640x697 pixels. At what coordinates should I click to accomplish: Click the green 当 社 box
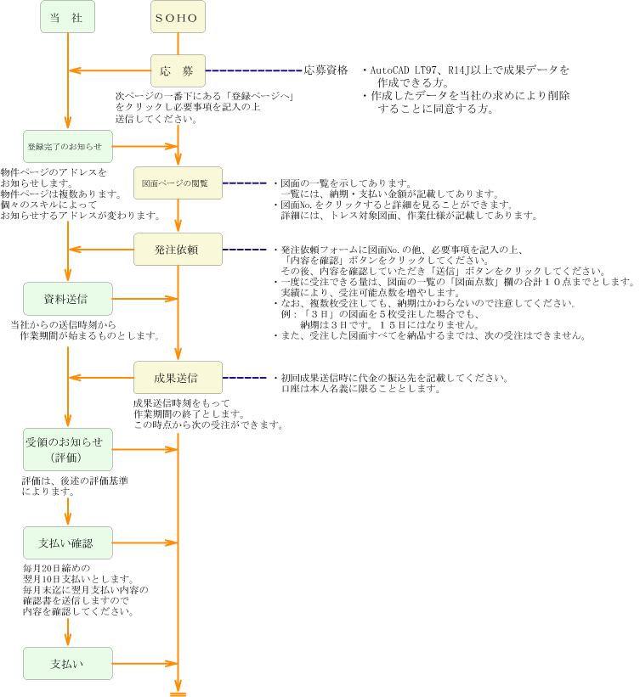(x=67, y=17)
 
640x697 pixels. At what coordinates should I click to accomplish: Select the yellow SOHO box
(x=178, y=17)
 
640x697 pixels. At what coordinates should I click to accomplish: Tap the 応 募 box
(x=178, y=70)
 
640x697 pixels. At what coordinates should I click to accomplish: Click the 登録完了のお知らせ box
(x=68, y=146)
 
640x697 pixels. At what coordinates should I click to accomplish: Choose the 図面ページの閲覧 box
(x=178, y=183)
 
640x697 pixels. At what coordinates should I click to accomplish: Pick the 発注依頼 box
(x=178, y=250)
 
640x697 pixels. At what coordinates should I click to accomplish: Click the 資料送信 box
(x=67, y=299)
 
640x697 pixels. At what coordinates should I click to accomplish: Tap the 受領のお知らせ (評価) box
(x=67, y=449)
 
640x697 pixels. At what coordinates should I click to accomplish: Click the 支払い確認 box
(x=67, y=542)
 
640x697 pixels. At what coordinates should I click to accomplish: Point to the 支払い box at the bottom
(x=67, y=663)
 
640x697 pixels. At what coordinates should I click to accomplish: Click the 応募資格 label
(x=326, y=70)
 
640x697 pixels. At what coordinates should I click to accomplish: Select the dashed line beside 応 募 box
(x=253, y=70)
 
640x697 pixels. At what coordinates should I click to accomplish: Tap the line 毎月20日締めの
(x=56, y=567)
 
